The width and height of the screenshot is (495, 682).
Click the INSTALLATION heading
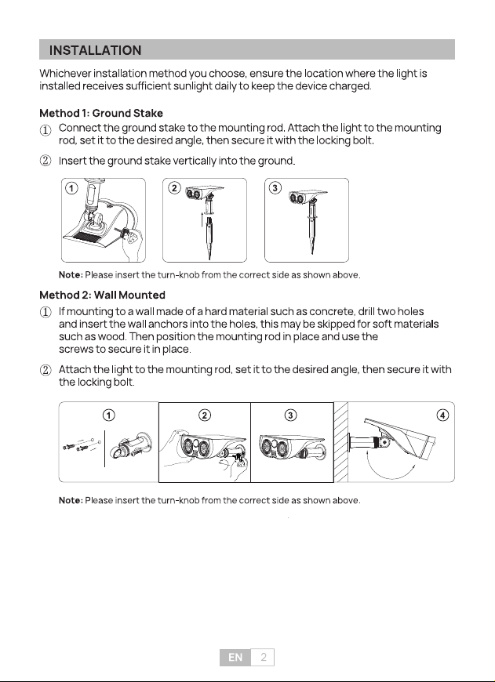pyautogui.click(x=96, y=50)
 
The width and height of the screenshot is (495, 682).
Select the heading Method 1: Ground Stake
pyautogui.click(x=101, y=113)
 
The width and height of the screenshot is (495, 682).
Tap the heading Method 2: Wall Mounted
pyautogui.click(x=102, y=295)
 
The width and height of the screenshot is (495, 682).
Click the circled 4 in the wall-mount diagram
pyautogui.click(x=442, y=415)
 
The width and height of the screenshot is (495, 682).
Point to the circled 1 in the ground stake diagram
pyautogui.click(x=71, y=188)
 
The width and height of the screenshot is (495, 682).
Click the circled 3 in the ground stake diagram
pyautogui.click(x=275, y=188)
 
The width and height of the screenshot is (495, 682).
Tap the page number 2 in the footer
pyautogui.click(x=264, y=657)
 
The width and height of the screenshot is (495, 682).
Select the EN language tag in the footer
pyautogui.click(x=235, y=657)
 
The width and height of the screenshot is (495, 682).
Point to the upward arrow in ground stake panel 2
pyautogui.click(x=202, y=219)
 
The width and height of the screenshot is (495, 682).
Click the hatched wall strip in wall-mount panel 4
pyautogui.click(x=341, y=442)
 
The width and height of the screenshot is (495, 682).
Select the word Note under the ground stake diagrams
pyautogui.click(x=71, y=275)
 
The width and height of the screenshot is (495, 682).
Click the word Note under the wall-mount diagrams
pyautogui.click(x=71, y=500)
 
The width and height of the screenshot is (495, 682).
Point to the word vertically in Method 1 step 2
pyautogui.click(x=195, y=161)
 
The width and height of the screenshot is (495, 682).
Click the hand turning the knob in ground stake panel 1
pyautogui.click(x=132, y=244)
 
